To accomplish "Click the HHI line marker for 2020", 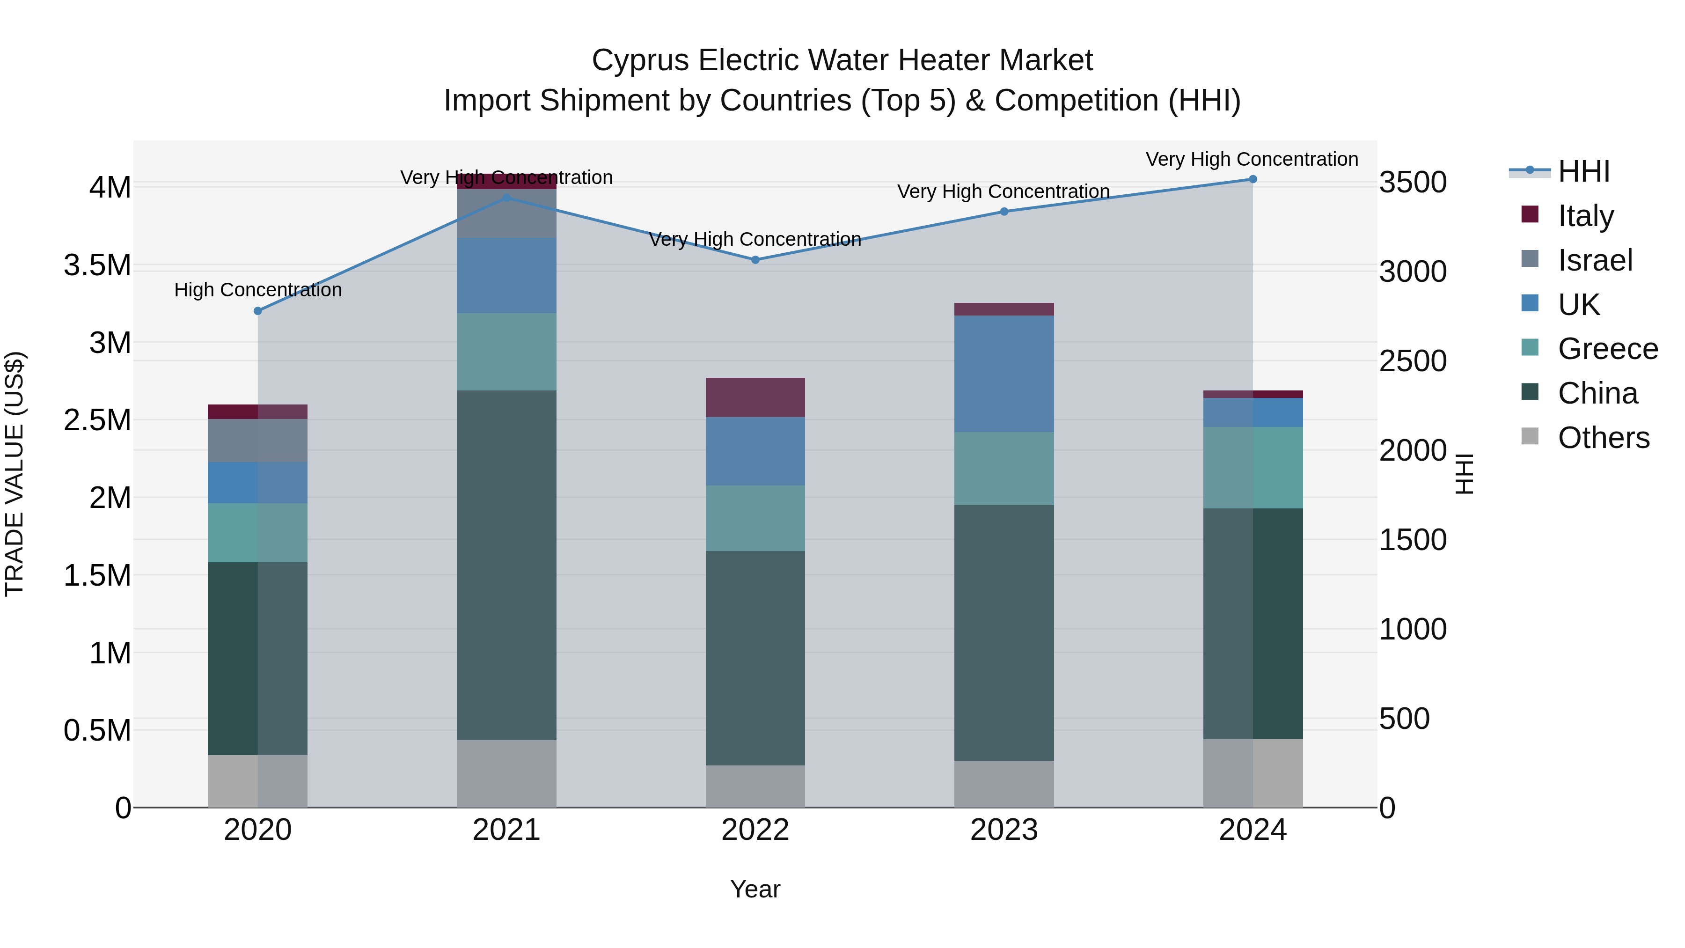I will click(x=258, y=311).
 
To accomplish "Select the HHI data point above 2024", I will click(x=1253, y=179).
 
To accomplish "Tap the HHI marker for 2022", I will click(x=755, y=260).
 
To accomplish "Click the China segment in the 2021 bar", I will click(x=506, y=565).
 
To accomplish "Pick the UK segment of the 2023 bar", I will click(x=1004, y=374).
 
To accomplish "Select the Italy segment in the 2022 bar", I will click(x=755, y=397).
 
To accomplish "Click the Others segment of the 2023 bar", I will click(x=1004, y=783).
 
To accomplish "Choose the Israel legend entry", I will click(x=1595, y=260).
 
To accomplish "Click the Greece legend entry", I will click(x=1607, y=349).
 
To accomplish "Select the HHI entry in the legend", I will click(x=1583, y=171).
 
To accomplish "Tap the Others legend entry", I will click(x=1603, y=438).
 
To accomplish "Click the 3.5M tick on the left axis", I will click(x=97, y=265).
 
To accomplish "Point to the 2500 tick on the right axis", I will click(x=1413, y=361).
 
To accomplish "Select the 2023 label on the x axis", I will click(x=1004, y=830).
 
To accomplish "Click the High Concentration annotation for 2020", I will click(x=258, y=290).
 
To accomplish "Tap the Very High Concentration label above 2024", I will click(x=1251, y=159).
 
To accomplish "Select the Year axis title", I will click(x=755, y=889).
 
